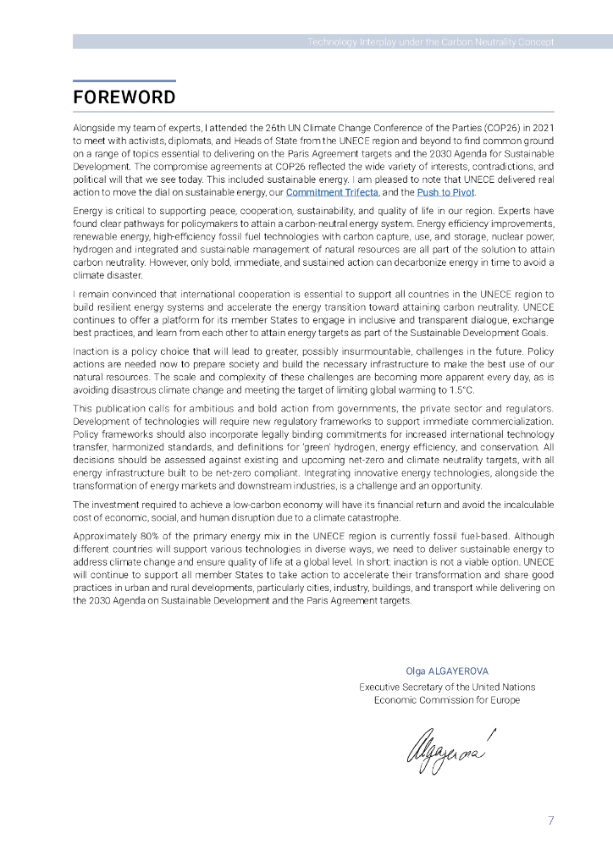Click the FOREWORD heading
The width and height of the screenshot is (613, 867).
point(124,97)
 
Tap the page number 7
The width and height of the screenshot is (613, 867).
point(551,820)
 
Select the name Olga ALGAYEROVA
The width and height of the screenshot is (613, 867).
point(447,671)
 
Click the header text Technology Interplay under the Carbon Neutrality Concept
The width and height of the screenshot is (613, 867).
point(430,41)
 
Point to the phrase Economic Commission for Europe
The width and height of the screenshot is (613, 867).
point(447,700)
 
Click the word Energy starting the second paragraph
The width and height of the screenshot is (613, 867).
point(87,209)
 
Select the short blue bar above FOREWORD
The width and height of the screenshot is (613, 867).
point(124,81)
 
